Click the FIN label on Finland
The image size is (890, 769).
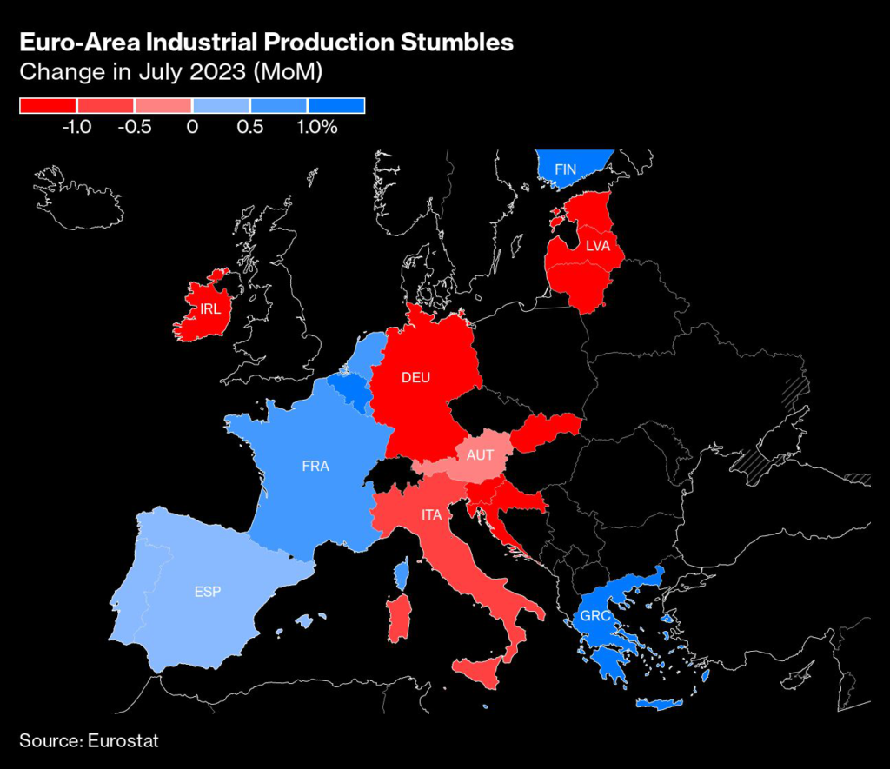point(565,169)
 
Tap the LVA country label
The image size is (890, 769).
point(598,246)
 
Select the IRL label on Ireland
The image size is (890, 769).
point(209,308)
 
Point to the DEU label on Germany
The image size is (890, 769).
point(416,377)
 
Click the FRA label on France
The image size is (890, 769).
point(315,467)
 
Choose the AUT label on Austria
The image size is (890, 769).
point(480,455)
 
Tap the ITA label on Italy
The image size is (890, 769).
point(432,515)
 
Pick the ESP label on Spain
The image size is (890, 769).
point(208,592)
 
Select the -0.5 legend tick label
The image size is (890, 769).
point(135,127)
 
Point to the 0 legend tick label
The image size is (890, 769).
point(191,127)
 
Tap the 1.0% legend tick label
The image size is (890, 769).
point(316,127)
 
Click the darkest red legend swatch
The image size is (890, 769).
point(49,106)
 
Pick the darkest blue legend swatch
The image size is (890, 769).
point(336,106)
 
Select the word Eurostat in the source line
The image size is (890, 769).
point(123,740)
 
